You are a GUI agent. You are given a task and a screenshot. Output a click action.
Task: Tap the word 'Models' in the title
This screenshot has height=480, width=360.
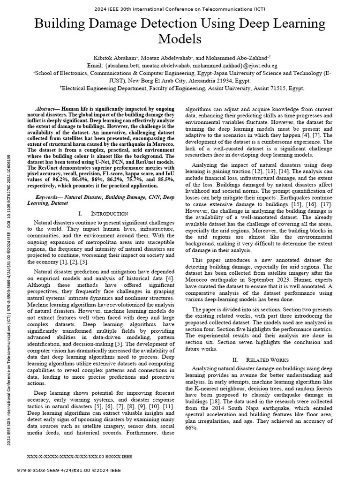point(180,39)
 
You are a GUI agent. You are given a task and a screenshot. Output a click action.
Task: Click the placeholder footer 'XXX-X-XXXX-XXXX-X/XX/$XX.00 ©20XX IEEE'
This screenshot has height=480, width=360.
point(79,456)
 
